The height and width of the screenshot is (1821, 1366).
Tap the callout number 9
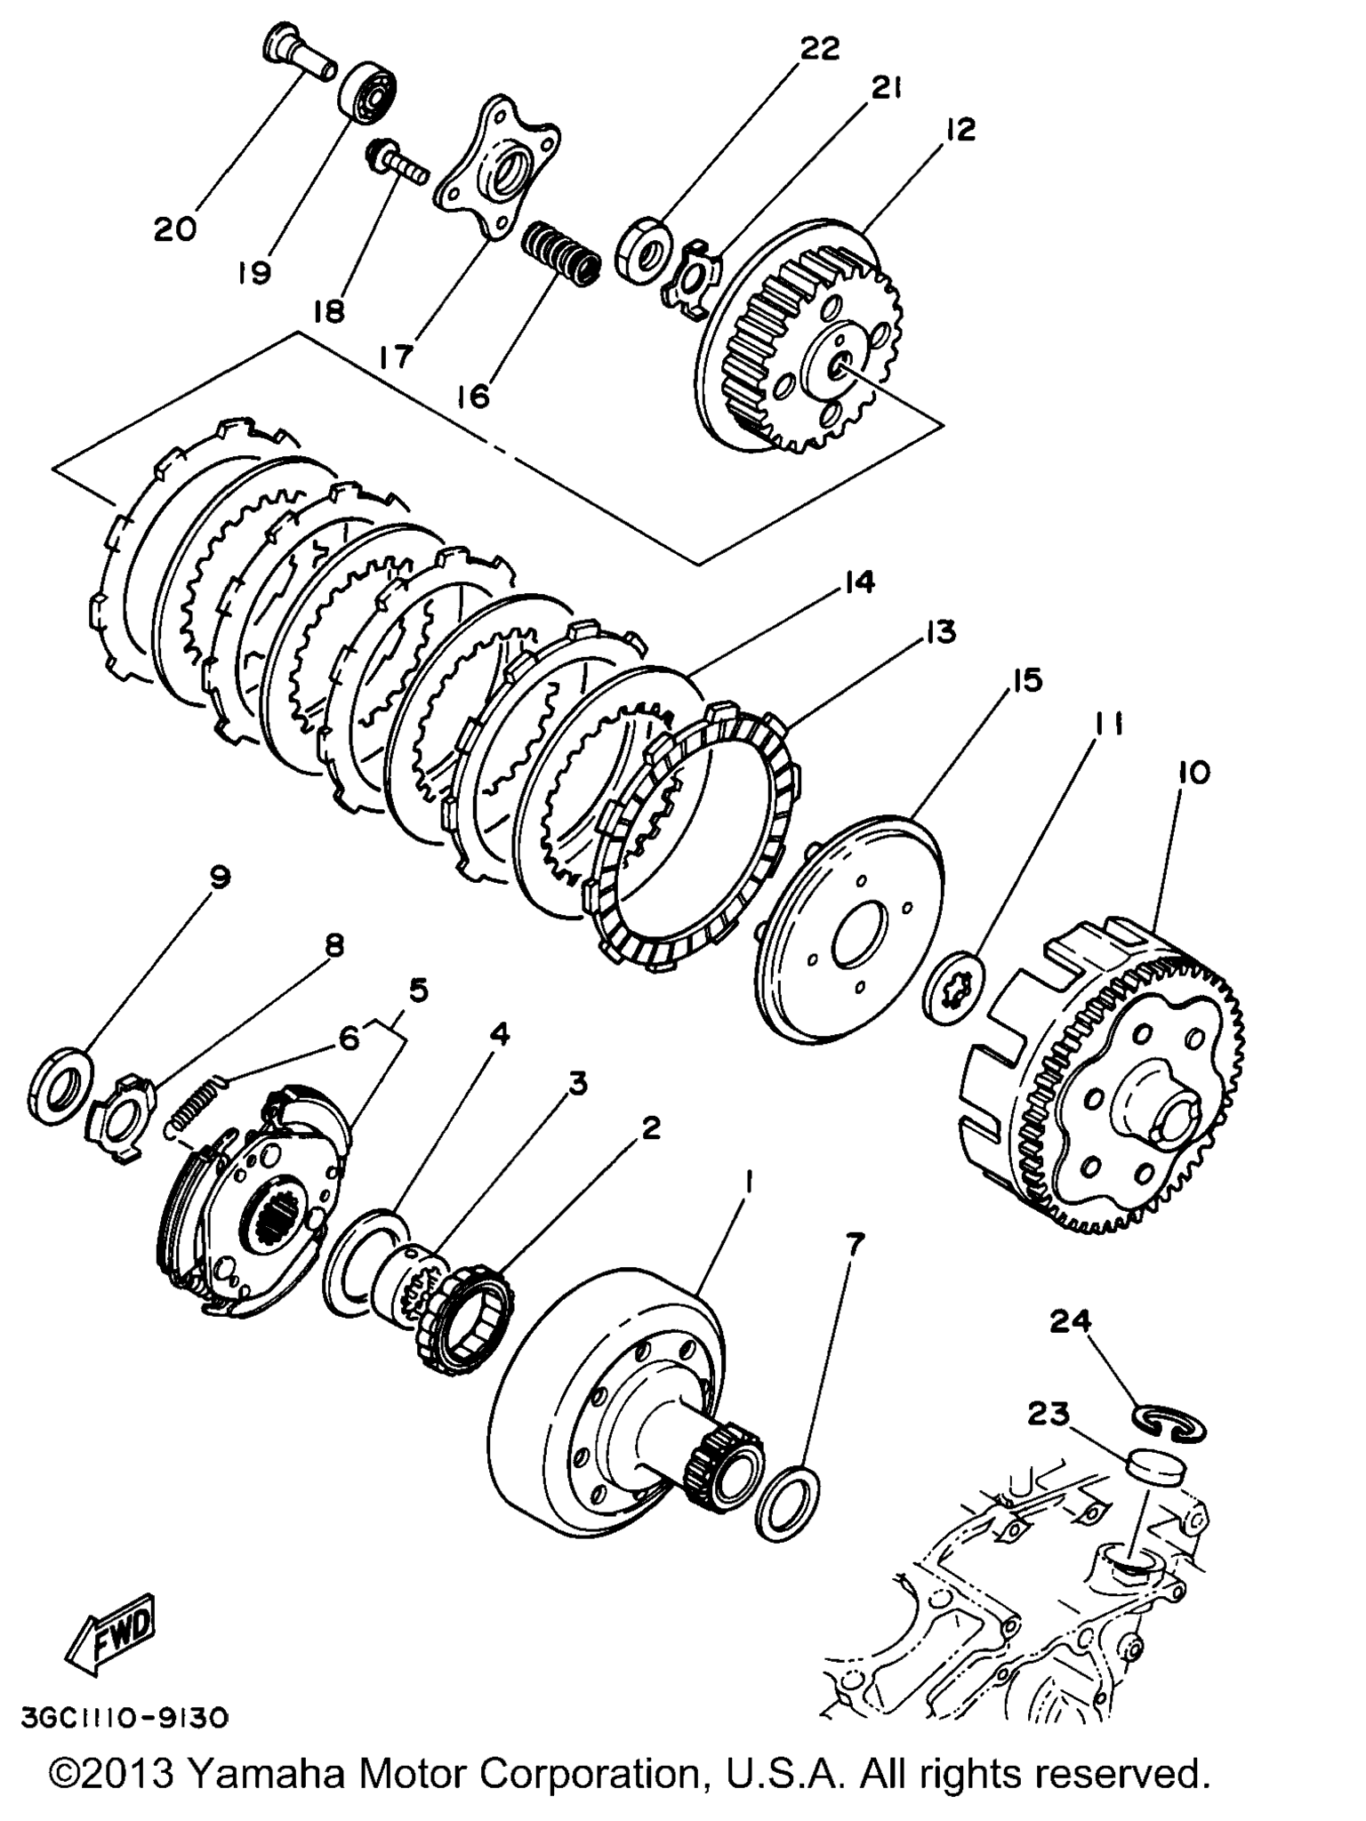(x=219, y=878)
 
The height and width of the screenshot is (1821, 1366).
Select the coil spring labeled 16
(x=559, y=253)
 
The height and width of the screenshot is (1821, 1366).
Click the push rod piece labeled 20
(x=300, y=50)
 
